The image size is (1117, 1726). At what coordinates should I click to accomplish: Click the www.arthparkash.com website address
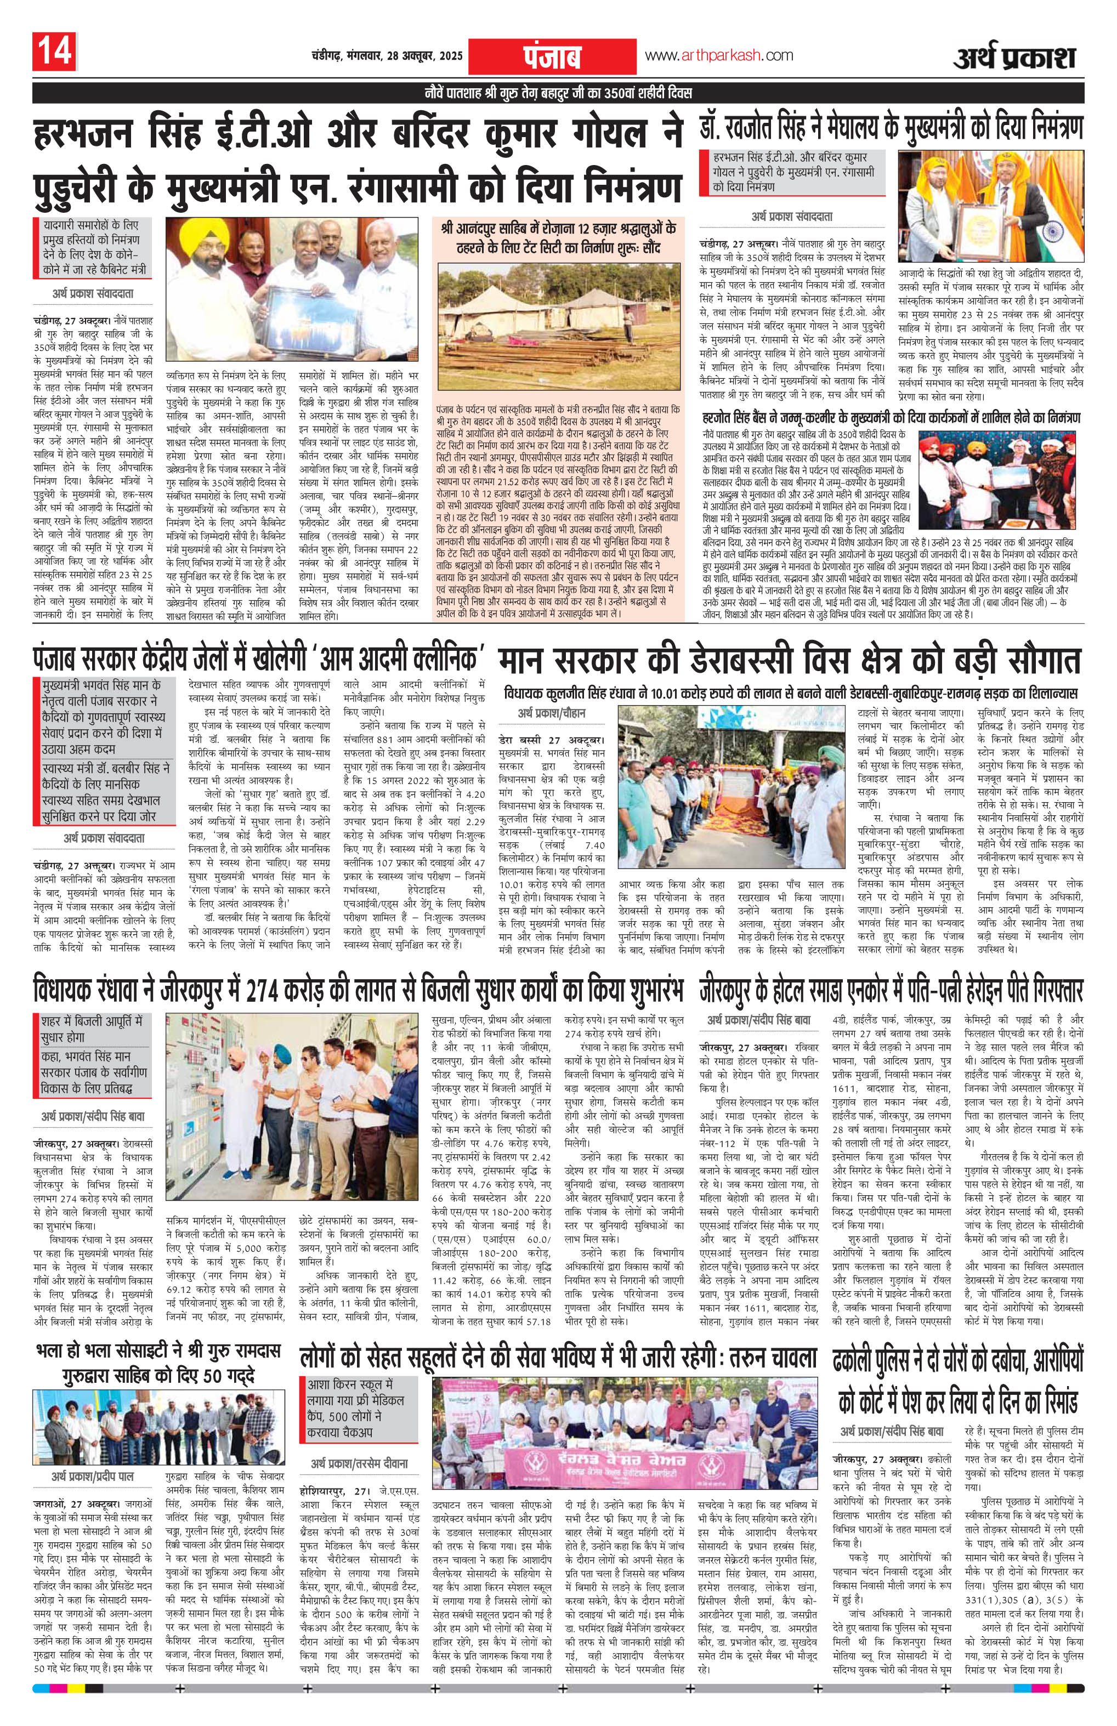coord(718,55)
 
